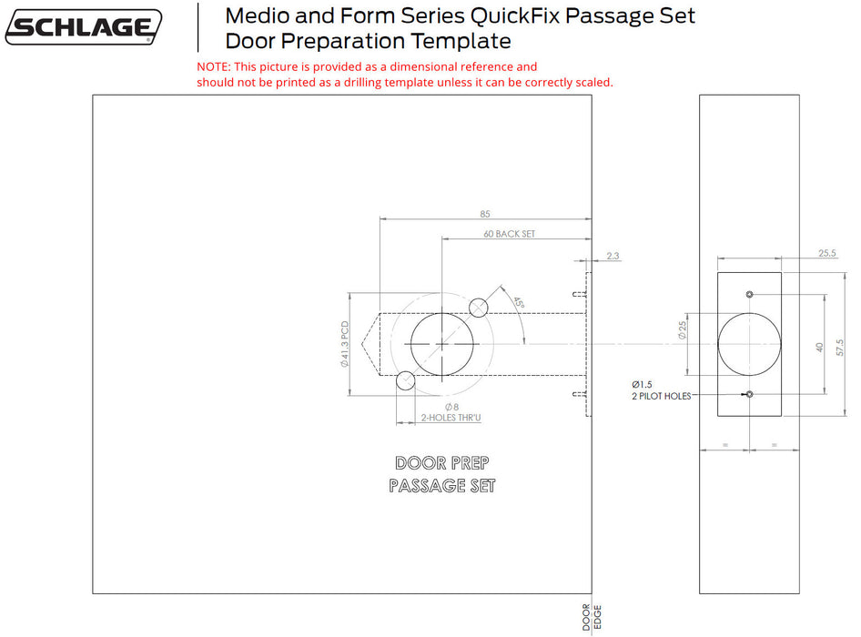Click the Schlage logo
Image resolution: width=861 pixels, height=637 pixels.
pos(84,27)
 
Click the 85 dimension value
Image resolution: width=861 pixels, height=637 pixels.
pos(484,214)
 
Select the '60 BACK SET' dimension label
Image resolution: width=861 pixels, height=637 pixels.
pos(509,234)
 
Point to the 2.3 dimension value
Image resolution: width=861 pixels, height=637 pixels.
pos(612,256)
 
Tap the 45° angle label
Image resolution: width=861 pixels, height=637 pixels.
pos(518,303)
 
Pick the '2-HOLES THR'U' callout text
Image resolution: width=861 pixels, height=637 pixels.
pos(451,418)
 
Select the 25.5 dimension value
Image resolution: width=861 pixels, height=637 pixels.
pos(827,253)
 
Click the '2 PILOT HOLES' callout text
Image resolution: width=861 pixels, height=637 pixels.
pos(662,396)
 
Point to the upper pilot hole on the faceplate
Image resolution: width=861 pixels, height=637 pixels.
pos(749,295)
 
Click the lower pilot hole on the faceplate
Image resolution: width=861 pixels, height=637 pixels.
pos(749,394)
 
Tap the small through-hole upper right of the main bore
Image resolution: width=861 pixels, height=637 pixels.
pos(480,307)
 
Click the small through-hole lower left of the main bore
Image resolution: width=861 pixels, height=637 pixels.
pos(406,381)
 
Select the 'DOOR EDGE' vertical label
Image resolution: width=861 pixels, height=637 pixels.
pos(592,617)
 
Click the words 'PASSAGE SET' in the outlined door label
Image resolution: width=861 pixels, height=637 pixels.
pos(441,486)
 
